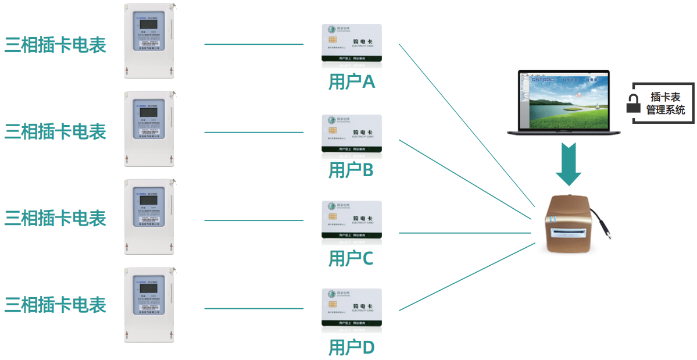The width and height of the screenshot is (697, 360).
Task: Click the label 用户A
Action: [x=352, y=82]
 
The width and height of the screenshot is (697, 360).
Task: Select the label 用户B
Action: [x=352, y=170]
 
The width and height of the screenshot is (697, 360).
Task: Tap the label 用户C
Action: [x=351, y=258]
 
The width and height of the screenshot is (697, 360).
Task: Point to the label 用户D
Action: [x=352, y=348]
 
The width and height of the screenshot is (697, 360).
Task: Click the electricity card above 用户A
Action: [x=352, y=42]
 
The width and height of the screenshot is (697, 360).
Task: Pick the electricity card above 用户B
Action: [x=352, y=133]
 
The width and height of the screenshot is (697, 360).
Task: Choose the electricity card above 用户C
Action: [x=352, y=220]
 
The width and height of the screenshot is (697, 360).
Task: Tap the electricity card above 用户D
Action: [x=352, y=308]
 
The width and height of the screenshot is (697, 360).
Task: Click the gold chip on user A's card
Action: [x=333, y=40]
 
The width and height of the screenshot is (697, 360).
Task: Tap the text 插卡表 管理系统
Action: [x=666, y=104]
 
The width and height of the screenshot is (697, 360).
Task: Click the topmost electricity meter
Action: [x=149, y=41]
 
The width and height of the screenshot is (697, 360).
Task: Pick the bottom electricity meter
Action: [x=149, y=304]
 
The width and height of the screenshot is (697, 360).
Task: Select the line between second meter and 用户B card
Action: [x=254, y=132]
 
